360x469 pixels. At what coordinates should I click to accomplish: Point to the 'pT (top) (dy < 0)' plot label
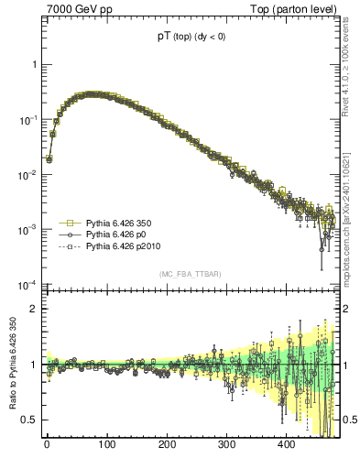pos(192,38)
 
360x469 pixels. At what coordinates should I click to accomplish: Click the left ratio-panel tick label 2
pos(34,309)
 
